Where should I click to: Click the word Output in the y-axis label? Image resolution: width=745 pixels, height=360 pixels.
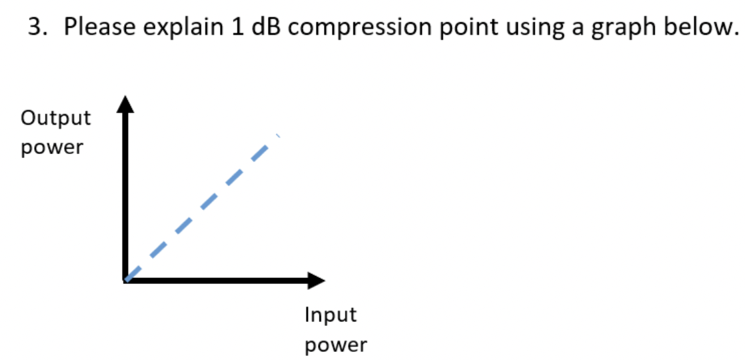[x=56, y=118]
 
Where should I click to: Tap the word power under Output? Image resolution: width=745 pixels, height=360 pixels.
[x=52, y=147]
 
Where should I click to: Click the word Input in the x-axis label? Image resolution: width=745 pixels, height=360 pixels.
[x=331, y=315]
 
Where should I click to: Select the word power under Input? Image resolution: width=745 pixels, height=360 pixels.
[x=336, y=345]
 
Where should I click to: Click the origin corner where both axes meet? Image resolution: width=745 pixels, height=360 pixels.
[x=125, y=279]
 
